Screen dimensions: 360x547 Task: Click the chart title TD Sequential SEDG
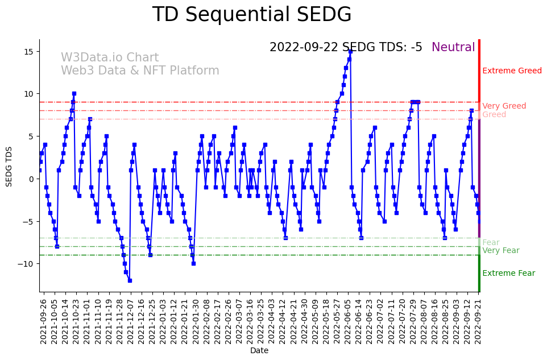(x=252, y=15)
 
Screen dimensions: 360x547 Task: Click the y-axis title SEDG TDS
(x=9, y=165)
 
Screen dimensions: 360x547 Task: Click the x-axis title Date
(x=259, y=350)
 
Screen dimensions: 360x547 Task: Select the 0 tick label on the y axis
(x=31, y=179)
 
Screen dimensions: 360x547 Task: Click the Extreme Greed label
(x=512, y=71)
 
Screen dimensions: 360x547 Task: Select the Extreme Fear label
(x=508, y=274)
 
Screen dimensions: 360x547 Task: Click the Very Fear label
(x=500, y=251)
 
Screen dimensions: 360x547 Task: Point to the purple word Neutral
(x=453, y=48)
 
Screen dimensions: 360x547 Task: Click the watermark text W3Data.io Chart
(x=110, y=58)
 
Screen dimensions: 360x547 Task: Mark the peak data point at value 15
(x=350, y=51)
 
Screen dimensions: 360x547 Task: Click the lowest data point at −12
(x=130, y=280)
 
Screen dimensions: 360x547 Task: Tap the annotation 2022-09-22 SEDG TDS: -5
(x=346, y=48)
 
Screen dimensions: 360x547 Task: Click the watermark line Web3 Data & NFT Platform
(x=140, y=71)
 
